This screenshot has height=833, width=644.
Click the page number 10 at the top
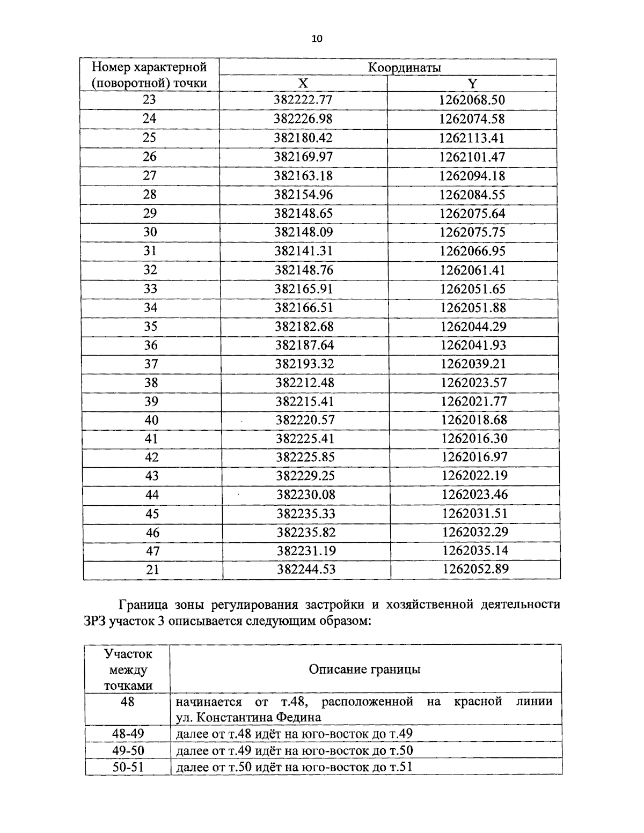click(317, 38)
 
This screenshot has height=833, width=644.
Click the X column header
click(303, 83)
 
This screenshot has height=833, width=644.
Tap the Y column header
click(472, 83)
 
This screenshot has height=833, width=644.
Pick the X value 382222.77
click(303, 100)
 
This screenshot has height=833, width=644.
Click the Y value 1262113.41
click(472, 138)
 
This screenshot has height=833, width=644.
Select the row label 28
click(150, 194)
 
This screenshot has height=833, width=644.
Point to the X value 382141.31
click(304, 251)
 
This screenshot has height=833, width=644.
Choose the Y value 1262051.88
click(473, 307)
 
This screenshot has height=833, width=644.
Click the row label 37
click(151, 364)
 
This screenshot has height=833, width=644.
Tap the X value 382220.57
click(305, 420)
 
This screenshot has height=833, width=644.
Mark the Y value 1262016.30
click(474, 438)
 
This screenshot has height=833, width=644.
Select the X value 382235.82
click(306, 532)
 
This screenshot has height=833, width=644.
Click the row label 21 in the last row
click(152, 570)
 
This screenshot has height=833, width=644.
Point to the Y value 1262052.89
click(475, 569)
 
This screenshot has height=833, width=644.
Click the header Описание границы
click(365, 669)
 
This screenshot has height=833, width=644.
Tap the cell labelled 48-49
click(128, 734)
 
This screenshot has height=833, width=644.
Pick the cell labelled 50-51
click(128, 766)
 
